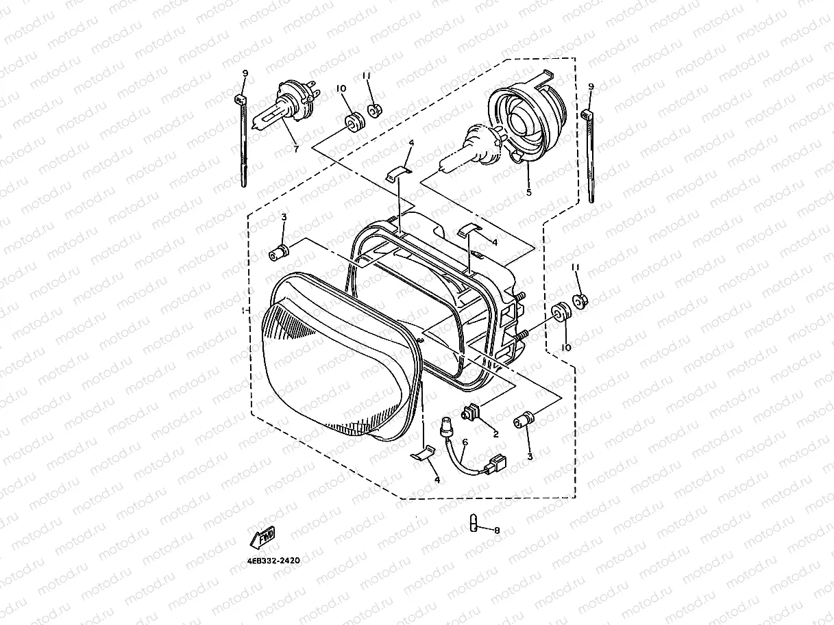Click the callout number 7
296,149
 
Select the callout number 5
528,193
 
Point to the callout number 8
497,530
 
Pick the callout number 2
495,433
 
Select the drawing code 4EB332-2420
273,559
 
